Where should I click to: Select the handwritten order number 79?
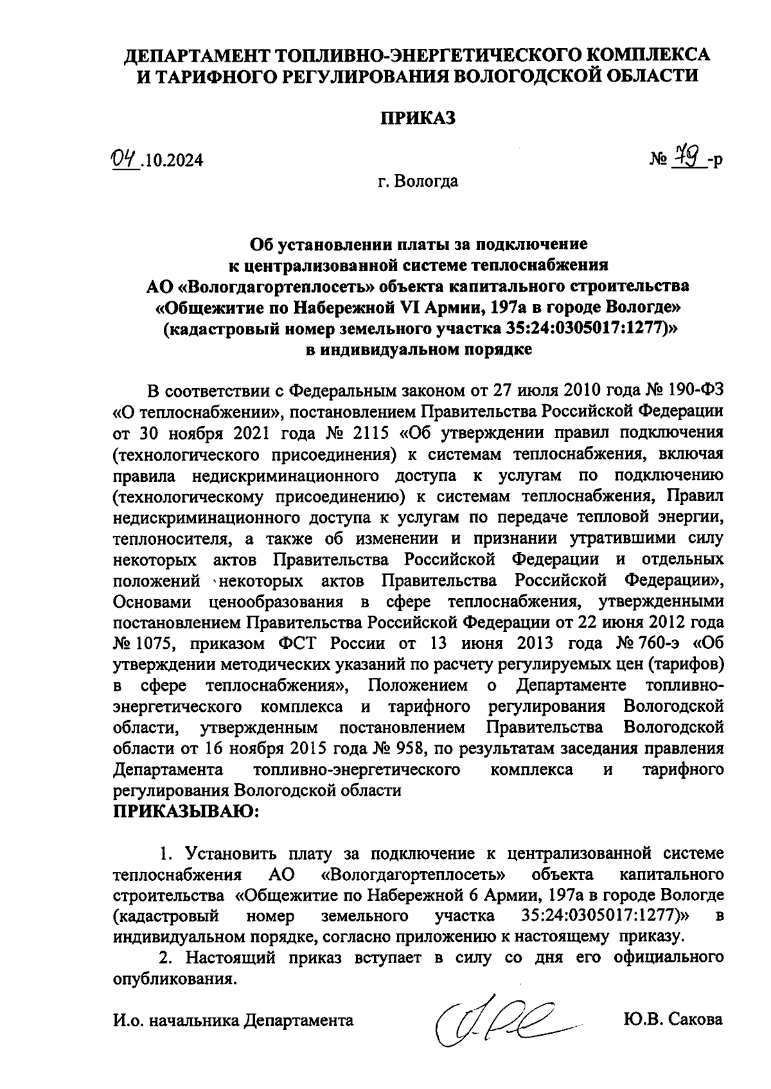(691, 157)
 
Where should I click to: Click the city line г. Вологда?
(418, 182)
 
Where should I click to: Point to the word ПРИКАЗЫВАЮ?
(186, 813)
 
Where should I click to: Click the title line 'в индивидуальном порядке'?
(418, 350)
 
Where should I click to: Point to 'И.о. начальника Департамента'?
(233, 1020)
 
